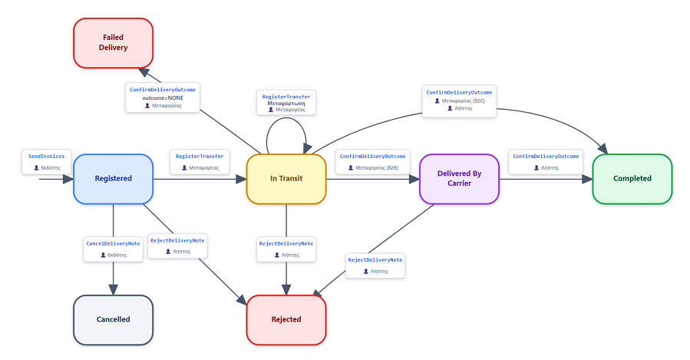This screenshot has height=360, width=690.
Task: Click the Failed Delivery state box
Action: pos(113,43)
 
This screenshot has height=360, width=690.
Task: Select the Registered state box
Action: pos(113,179)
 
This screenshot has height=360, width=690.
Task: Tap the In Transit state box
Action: pos(286,179)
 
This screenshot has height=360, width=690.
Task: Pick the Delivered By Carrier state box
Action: pos(460,179)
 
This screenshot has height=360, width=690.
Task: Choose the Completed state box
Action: pos(632,179)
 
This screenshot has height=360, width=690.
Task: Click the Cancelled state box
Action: pos(113,319)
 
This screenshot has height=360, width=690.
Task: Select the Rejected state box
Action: pos(286,319)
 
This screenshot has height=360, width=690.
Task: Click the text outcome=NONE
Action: pos(163,97)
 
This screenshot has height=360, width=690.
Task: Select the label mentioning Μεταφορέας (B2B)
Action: pos(373,161)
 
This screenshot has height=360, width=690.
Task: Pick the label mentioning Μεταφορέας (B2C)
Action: pos(460,101)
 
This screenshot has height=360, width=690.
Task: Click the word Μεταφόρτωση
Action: pos(286,104)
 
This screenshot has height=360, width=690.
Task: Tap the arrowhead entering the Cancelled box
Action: pos(113,289)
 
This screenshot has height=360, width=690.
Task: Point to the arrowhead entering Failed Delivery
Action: pos(144,72)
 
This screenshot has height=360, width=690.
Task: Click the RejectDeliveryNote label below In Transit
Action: pos(286,249)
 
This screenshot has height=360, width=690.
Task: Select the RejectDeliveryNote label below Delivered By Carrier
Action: pos(375,266)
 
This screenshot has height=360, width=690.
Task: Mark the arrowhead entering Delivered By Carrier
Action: pos(414,179)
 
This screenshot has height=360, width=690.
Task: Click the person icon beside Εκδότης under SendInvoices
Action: pos(37,167)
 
